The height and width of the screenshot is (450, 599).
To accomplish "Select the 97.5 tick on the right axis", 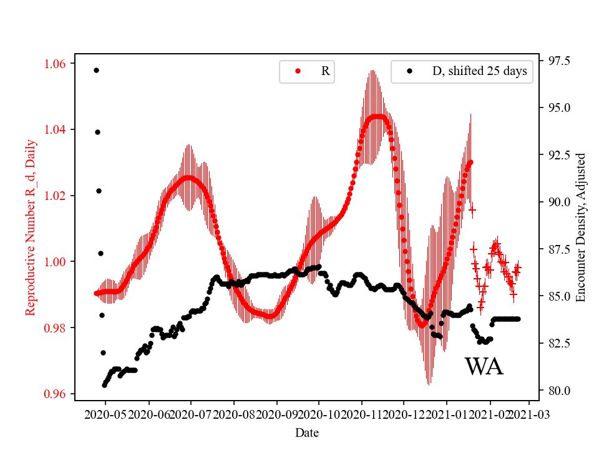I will click(x=558, y=61).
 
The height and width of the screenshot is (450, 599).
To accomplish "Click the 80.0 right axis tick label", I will click(x=558, y=391).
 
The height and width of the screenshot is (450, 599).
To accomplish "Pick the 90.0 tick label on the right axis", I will click(x=558, y=202).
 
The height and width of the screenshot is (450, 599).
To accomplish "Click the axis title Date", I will click(x=308, y=432).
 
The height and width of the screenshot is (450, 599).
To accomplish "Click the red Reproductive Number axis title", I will click(x=31, y=227).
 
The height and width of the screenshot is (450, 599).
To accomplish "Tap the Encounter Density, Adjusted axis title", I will click(x=581, y=227).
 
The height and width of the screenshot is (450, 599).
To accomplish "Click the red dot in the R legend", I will click(x=298, y=71).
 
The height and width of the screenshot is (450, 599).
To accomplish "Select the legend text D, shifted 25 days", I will click(x=479, y=71).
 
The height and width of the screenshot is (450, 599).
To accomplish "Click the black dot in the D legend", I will click(x=409, y=71).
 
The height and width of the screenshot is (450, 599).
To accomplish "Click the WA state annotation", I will click(x=484, y=367).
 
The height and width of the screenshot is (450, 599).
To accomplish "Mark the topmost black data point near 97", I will click(x=96, y=70).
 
